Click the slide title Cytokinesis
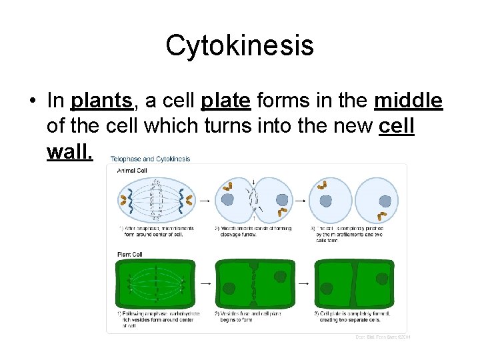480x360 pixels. [x=239, y=45]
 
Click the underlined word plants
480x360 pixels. [x=101, y=101]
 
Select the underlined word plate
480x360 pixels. [x=225, y=101]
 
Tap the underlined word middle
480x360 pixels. [x=408, y=101]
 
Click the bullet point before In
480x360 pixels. [x=32, y=101]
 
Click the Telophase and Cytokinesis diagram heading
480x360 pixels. [x=150, y=159]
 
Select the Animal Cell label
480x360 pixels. [x=132, y=171]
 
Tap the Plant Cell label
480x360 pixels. [x=130, y=254]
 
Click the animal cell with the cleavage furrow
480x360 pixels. [x=253, y=199]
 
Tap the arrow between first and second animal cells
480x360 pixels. [x=203, y=199]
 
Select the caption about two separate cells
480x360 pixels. [x=353, y=317]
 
